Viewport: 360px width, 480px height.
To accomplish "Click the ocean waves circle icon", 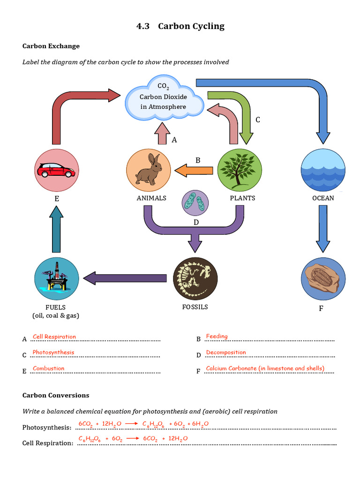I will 323,170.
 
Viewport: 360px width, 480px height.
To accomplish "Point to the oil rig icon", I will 56,279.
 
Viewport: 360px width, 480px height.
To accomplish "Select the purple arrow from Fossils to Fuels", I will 124,278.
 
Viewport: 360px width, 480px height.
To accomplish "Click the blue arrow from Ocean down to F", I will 323,230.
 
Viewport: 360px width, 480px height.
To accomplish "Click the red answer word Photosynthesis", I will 53,352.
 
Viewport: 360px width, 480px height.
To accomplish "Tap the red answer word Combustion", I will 48,368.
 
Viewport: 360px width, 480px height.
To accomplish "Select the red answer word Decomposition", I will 225,352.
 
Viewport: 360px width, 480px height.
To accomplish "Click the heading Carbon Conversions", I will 56,395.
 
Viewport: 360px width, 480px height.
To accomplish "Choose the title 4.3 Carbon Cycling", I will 180,26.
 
